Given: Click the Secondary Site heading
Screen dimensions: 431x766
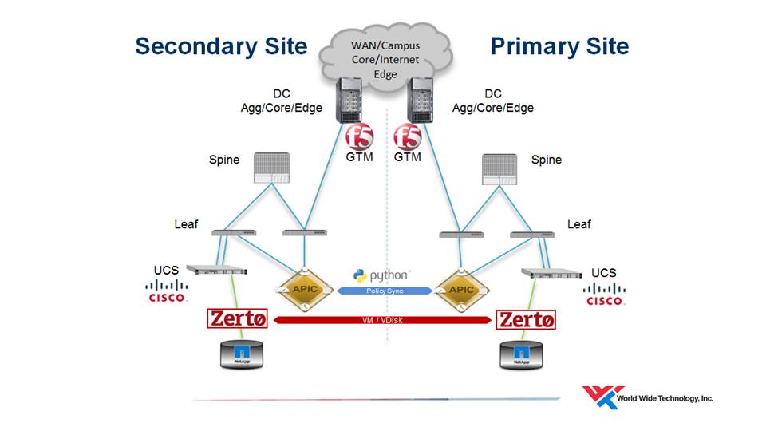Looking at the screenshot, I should (x=221, y=46).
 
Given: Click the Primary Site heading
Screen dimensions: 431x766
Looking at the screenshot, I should (x=559, y=46).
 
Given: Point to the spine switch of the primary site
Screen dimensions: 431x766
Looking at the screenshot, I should (x=501, y=169).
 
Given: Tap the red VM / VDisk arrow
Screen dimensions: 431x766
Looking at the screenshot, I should (x=384, y=320).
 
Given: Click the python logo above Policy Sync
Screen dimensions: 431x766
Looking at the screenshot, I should (x=383, y=275).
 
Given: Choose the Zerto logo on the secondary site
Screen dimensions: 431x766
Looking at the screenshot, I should (x=238, y=319).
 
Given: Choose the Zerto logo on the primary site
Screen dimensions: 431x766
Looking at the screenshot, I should (x=526, y=320).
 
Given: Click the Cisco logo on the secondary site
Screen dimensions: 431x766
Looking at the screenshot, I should (x=167, y=292).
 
